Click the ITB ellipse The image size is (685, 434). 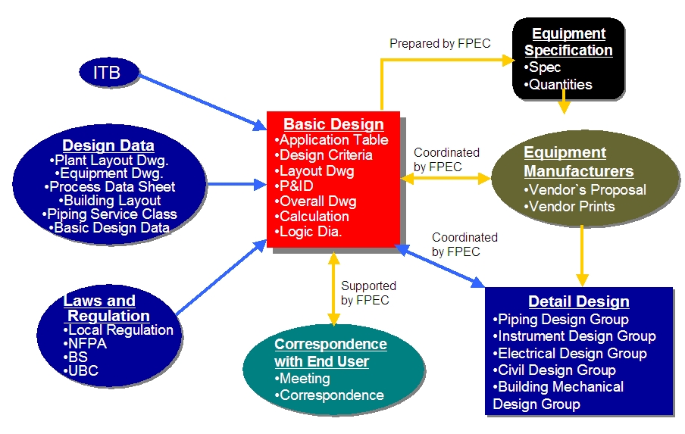(109, 73)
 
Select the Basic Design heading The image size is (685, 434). (333, 124)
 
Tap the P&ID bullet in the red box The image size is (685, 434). (294, 186)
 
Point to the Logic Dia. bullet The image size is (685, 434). (308, 232)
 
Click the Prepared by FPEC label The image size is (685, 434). (440, 44)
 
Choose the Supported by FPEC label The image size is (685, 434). (368, 293)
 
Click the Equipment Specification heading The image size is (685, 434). (568, 42)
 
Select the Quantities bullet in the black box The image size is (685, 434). (558, 84)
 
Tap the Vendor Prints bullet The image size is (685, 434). (569, 207)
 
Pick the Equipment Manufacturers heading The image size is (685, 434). (578, 161)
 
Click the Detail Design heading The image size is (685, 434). (579, 301)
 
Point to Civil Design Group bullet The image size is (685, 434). (555, 370)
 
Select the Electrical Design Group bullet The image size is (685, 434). (570, 353)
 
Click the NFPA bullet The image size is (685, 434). (85, 344)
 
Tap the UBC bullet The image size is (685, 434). (81, 370)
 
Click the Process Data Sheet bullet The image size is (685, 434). (110, 187)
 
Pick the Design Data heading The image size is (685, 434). (108, 145)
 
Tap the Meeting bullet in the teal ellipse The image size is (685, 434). (302, 379)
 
